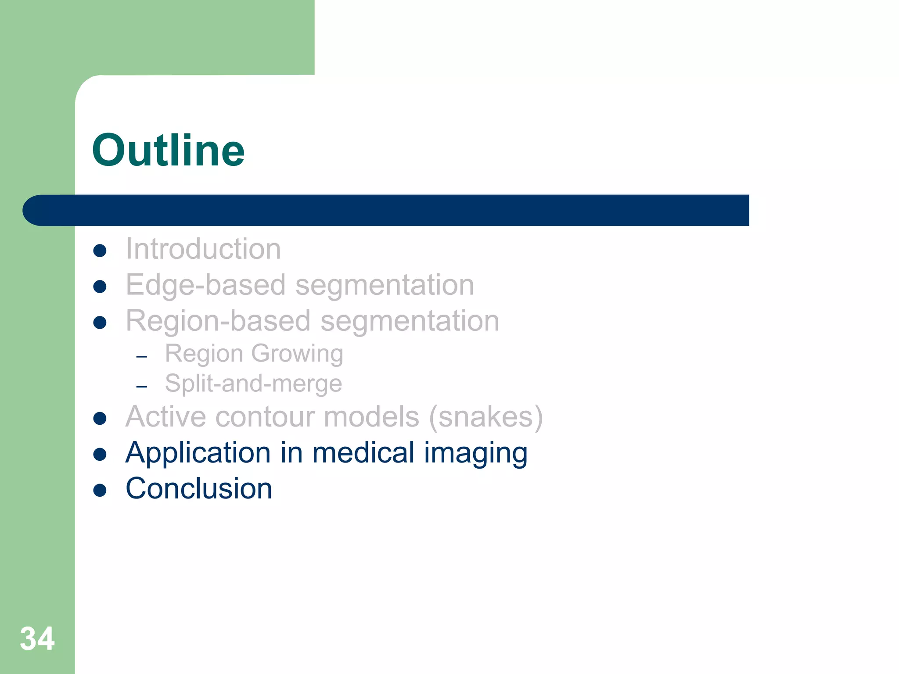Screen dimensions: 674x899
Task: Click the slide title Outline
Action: [168, 151]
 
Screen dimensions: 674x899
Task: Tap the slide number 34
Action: [37, 639]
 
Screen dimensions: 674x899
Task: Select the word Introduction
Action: [203, 249]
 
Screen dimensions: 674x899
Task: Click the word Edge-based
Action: [206, 285]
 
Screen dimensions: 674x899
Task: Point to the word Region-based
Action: [218, 321]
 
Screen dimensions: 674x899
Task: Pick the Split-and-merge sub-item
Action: [253, 384]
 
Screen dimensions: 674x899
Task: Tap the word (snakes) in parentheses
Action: [486, 416]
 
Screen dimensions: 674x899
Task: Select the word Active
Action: [165, 416]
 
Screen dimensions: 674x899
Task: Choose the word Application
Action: [198, 453]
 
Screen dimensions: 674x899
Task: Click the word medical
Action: [363, 453]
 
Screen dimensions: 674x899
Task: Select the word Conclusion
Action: [199, 488]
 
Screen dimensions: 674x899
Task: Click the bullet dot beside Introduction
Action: [100, 251]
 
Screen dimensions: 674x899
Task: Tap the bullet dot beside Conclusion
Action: [100, 490]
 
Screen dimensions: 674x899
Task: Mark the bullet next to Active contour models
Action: [100, 418]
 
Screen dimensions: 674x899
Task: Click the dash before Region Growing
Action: [141, 357]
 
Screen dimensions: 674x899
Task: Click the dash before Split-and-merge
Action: [141, 387]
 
